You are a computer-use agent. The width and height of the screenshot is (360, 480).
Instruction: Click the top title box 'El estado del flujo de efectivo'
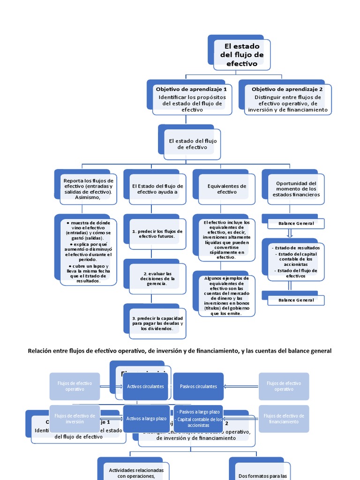[x=241, y=54]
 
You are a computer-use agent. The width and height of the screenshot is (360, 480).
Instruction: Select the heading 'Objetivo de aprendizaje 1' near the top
[x=191, y=89]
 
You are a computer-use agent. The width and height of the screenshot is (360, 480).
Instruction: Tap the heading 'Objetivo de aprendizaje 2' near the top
[x=287, y=89]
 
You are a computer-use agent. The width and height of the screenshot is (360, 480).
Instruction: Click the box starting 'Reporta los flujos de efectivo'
[x=88, y=189]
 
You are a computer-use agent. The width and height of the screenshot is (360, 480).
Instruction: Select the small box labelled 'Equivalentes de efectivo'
[x=226, y=189]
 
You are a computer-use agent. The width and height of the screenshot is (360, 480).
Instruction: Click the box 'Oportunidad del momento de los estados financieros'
[x=296, y=189]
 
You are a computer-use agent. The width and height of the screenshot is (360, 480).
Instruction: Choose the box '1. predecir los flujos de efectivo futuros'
[x=157, y=234]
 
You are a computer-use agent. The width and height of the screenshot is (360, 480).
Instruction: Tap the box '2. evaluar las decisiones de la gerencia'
[x=157, y=278]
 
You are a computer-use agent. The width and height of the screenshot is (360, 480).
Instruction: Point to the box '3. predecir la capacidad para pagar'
[x=157, y=323]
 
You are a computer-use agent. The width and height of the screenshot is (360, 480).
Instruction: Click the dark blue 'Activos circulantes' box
[x=145, y=386]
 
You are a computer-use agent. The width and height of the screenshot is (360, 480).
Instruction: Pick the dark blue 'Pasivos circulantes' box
[x=198, y=386]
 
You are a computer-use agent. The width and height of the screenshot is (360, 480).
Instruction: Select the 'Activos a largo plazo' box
[x=145, y=419]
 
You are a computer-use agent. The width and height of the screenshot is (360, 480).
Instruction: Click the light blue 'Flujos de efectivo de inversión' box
[x=75, y=419]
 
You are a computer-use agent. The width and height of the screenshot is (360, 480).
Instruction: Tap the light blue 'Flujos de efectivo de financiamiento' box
[x=284, y=419]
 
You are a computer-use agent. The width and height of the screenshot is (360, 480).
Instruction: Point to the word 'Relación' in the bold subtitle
[x=40, y=351]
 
